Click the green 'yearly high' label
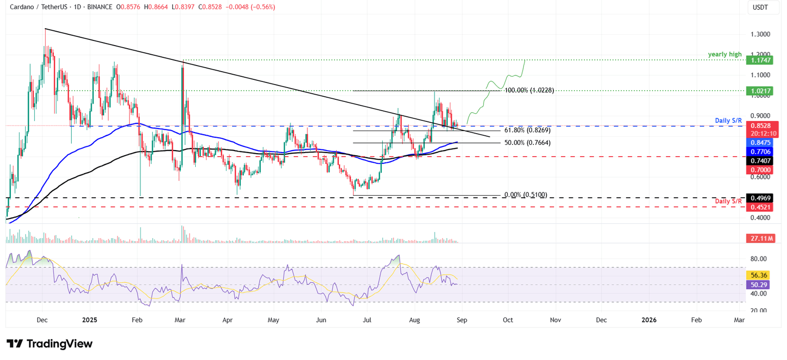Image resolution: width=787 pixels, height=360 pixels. (725, 54)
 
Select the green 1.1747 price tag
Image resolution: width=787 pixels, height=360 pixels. (762, 60)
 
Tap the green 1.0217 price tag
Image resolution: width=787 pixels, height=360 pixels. (762, 90)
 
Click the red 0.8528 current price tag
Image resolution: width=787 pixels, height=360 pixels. (762, 125)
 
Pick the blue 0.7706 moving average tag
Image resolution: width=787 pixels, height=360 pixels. (762, 152)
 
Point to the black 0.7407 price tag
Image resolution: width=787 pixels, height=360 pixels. (762, 161)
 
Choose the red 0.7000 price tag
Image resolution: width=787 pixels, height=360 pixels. (762, 170)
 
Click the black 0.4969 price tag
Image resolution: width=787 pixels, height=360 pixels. (762, 198)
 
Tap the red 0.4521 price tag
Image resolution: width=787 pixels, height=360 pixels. (762, 207)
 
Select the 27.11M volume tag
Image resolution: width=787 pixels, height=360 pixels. (762, 238)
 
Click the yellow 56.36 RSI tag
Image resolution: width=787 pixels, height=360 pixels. (762, 275)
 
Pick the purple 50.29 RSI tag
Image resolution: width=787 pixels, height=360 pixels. (762, 284)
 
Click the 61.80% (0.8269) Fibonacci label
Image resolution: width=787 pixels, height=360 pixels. (527, 131)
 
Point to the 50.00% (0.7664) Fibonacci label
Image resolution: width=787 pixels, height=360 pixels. (527, 143)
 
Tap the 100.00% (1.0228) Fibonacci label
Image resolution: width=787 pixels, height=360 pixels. (529, 91)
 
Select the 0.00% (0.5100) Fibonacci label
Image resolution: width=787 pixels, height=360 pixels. (526, 195)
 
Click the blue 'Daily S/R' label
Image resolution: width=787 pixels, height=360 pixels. (728, 120)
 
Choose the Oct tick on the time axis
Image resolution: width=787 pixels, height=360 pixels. (508, 320)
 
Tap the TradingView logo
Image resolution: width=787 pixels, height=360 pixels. (50, 344)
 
